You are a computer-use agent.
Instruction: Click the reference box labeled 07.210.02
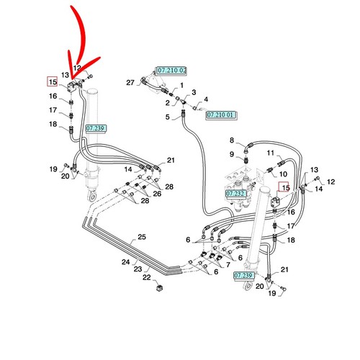[x=171, y=71]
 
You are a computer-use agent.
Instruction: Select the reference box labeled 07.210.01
[x=220, y=115]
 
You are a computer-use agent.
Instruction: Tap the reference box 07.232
[x=236, y=194]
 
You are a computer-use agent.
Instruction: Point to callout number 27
[x=130, y=83]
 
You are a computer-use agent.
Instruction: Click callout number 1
[x=181, y=85]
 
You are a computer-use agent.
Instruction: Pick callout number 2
[x=167, y=103]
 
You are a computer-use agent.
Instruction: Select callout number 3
[x=194, y=92]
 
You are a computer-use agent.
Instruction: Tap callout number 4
[x=206, y=99]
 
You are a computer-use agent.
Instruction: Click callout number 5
[x=167, y=117]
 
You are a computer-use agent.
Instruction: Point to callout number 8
[x=232, y=140]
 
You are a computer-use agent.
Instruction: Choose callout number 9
[x=232, y=154]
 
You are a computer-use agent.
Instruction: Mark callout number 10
[x=283, y=174]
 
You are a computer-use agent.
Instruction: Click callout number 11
[x=271, y=153]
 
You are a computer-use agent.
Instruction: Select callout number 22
[x=147, y=277]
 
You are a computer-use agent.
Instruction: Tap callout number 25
[x=142, y=237]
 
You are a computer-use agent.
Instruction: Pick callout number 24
[x=125, y=262]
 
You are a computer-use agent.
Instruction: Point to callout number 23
[x=138, y=269]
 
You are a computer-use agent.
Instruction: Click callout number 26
[x=157, y=194]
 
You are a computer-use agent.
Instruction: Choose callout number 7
[x=228, y=265]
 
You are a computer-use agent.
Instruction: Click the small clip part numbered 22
[x=159, y=287]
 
